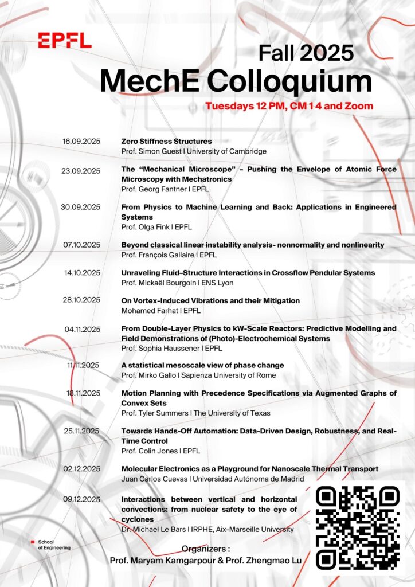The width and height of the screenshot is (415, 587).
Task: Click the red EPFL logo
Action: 65,40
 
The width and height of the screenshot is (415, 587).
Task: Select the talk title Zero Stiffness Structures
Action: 166,141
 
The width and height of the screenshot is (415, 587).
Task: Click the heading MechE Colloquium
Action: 236,80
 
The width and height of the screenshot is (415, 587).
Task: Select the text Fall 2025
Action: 306,53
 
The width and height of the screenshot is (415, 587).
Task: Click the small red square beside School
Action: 32,541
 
